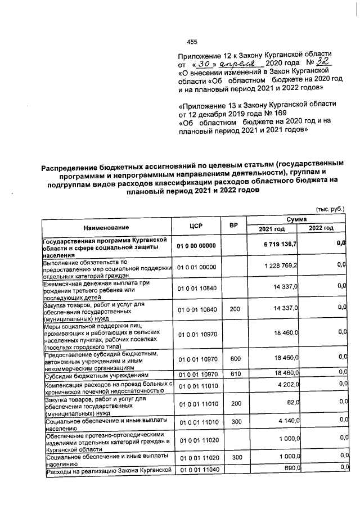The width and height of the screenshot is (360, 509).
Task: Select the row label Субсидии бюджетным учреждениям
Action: tap(96, 373)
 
